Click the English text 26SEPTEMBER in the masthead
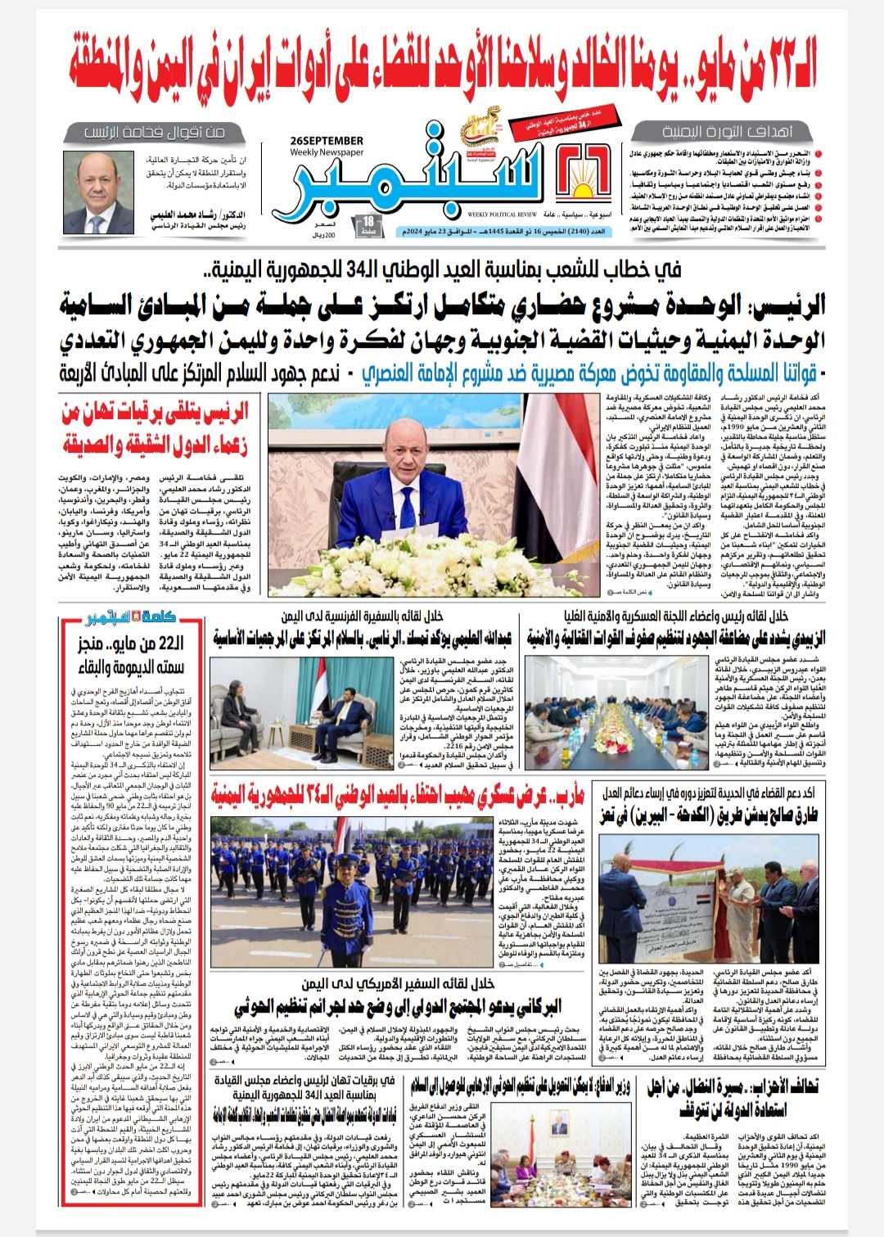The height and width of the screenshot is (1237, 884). click(326, 141)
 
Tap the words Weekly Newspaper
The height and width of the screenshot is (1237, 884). click(326, 152)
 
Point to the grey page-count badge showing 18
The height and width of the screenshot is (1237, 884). click(369, 223)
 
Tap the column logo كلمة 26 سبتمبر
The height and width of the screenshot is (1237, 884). click(130, 617)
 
